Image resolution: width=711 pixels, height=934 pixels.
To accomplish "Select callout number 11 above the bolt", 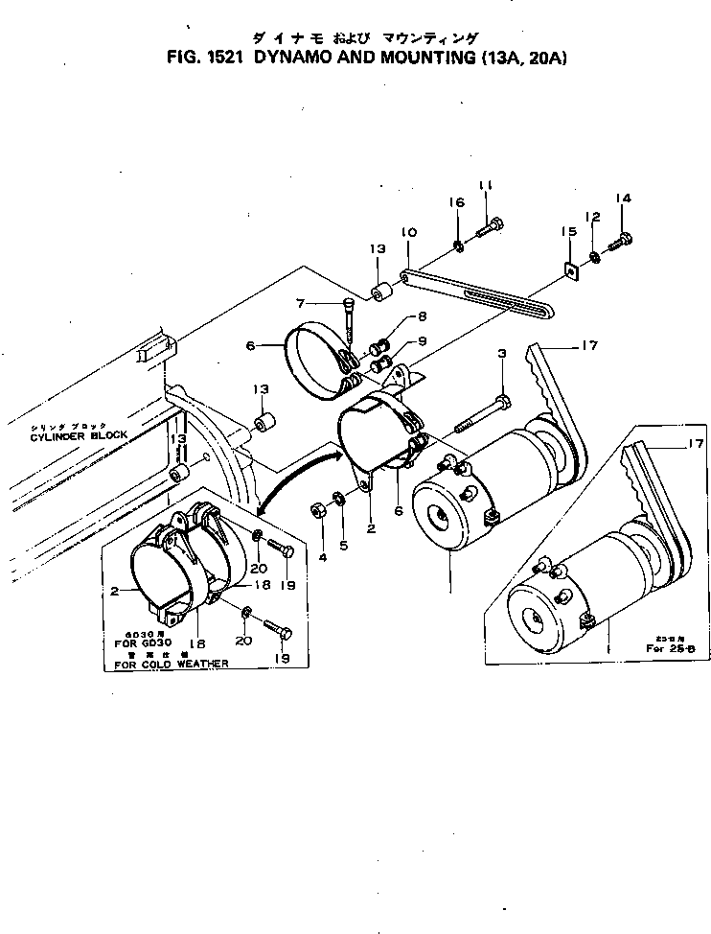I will [x=486, y=184].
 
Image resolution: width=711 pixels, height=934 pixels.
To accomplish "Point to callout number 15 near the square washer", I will [x=567, y=231].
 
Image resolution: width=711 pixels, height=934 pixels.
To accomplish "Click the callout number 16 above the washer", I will [x=457, y=202].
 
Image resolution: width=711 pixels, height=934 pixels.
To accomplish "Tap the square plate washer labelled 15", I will [x=571, y=272].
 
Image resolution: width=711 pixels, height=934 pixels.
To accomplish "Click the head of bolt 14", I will [x=625, y=237].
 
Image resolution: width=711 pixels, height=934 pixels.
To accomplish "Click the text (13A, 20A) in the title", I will [x=519, y=58].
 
